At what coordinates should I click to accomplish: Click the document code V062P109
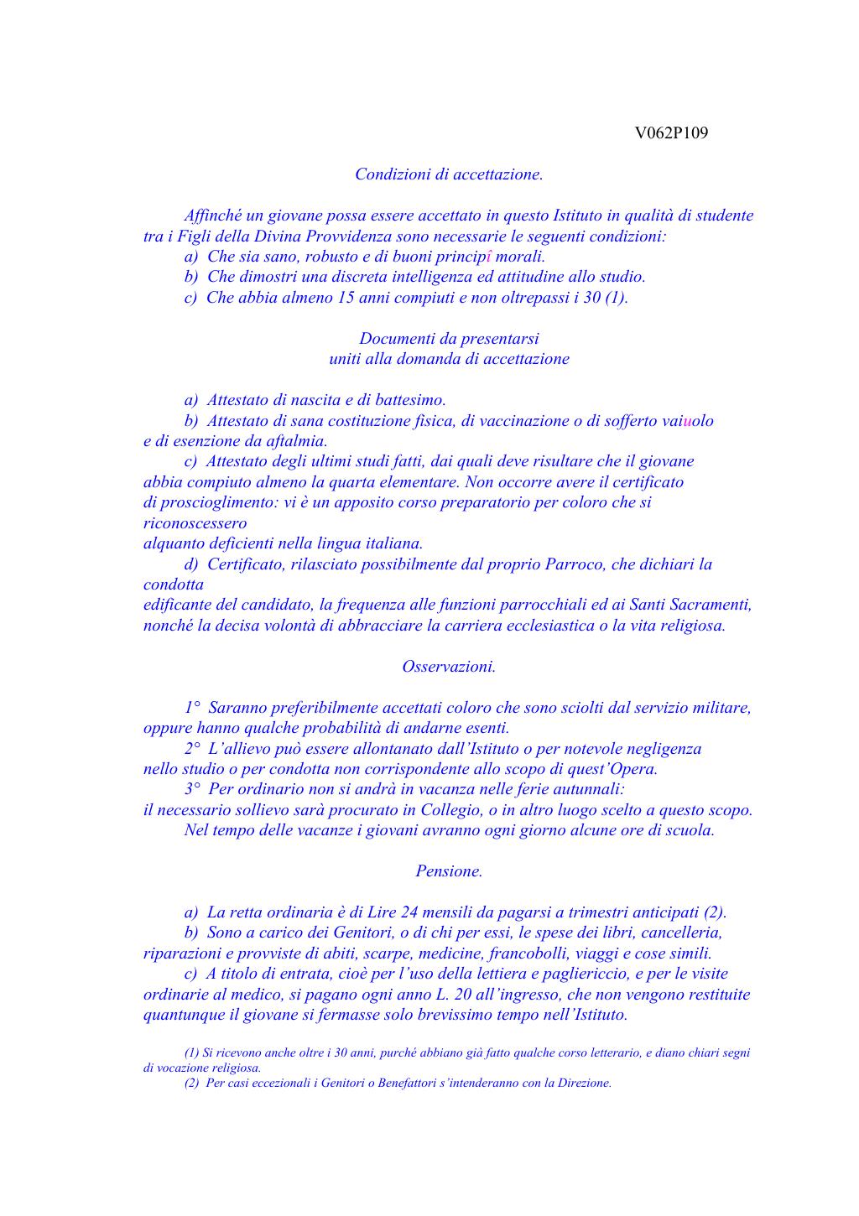(x=671, y=133)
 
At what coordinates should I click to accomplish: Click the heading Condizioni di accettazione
(x=449, y=174)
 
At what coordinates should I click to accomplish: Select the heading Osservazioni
(x=449, y=667)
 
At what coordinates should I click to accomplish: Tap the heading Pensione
(x=449, y=871)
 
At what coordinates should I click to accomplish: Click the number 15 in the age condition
(x=346, y=298)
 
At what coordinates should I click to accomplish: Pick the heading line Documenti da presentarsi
(x=449, y=339)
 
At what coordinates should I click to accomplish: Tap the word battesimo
(x=409, y=401)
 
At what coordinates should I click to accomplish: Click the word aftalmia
(x=296, y=441)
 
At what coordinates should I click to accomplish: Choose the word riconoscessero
(x=195, y=523)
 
